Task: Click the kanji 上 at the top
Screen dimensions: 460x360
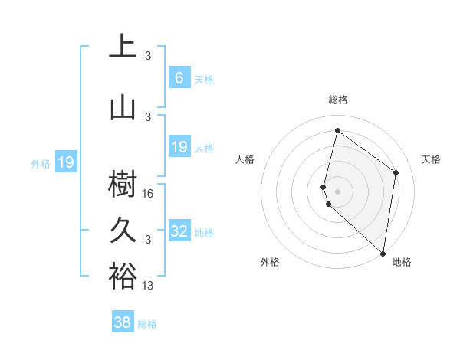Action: pyautogui.click(x=123, y=46)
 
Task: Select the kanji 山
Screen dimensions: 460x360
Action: pyautogui.click(x=123, y=108)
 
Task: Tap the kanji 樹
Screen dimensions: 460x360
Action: pyautogui.click(x=123, y=185)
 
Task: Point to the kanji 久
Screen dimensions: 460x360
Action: pyautogui.click(x=123, y=230)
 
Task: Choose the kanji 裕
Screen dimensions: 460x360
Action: pyautogui.click(x=123, y=277)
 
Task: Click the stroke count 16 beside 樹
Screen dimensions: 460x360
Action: pyautogui.click(x=149, y=194)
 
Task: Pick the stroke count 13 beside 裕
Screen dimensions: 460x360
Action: pyautogui.click(x=149, y=286)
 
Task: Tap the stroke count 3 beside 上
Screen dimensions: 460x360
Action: pyautogui.click(x=148, y=56)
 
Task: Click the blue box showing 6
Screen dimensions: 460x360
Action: pyautogui.click(x=179, y=77)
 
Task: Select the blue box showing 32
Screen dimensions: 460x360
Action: pyautogui.click(x=179, y=231)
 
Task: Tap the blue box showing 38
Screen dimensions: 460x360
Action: pyautogui.click(x=123, y=322)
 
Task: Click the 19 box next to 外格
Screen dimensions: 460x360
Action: pyautogui.click(x=66, y=162)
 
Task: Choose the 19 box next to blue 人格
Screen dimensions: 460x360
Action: pyautogui.click(x=179, y=147)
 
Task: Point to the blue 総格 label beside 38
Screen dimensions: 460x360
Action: pyautogui.click(x=147, y=324)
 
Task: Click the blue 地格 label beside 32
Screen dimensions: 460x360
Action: pyautogui.click(x=204, y=233)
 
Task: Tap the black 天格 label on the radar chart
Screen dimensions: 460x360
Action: pyautogui.click(x=431, y=159)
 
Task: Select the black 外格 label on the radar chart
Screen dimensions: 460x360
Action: pyautogui.click(x=270, y=262)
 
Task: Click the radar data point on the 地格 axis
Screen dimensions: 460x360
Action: pyautogui.click(x=383, y=254)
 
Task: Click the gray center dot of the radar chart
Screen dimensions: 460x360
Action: pyautogui.click(x=337, y=190)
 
